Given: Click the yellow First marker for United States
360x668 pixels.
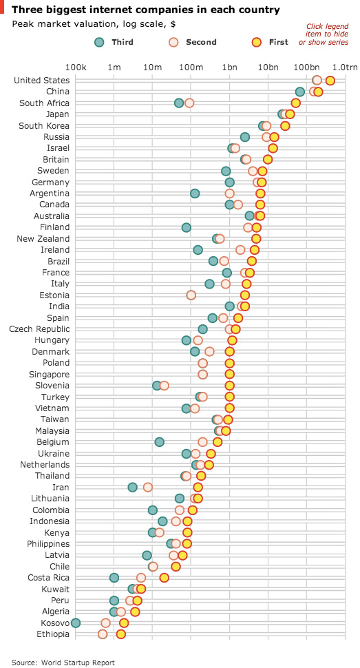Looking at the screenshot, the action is [330, 81].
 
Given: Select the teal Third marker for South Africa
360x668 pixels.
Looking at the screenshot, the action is [179, 103].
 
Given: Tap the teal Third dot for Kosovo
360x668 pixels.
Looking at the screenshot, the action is [76, 623].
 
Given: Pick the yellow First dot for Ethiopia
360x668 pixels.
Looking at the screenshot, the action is [121, 634].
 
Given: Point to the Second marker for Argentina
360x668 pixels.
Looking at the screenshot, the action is [230, 194].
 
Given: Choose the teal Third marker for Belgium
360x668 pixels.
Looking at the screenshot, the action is [159, 442].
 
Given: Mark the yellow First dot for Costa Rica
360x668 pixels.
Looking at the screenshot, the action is [164, 578].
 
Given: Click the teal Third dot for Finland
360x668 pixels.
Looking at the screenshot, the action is [186, 227].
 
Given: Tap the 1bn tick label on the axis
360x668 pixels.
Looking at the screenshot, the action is [230, 67].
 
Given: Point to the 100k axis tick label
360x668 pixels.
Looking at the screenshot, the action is [76, 67].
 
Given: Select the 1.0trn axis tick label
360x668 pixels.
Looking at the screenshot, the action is [345, 67].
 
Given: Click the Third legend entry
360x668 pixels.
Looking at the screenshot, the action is [114, 42].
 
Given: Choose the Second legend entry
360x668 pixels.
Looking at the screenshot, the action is [192, 42].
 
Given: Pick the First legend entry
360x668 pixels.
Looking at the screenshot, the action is [270, 42].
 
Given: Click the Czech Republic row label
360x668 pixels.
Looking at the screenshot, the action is [39, 329].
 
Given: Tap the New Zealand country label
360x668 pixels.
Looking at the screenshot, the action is [43, 238].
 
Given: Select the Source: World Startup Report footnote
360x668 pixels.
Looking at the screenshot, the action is [63, 662].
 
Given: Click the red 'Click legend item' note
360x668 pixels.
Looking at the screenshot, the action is [324, 34].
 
